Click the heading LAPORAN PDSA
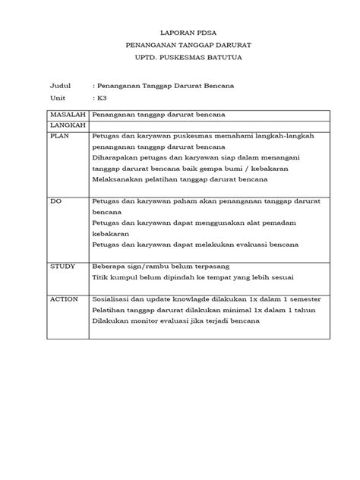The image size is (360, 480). (179, 34)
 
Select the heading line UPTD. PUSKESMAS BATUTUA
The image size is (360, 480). (179, 59)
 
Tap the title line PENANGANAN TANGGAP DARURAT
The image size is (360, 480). (179, 47)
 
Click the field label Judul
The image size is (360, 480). (59, 86)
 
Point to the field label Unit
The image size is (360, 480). (58, 98)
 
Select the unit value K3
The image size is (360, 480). (99, 98)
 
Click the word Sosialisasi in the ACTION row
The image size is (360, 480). (112, 299)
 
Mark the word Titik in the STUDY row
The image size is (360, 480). (100, 279)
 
